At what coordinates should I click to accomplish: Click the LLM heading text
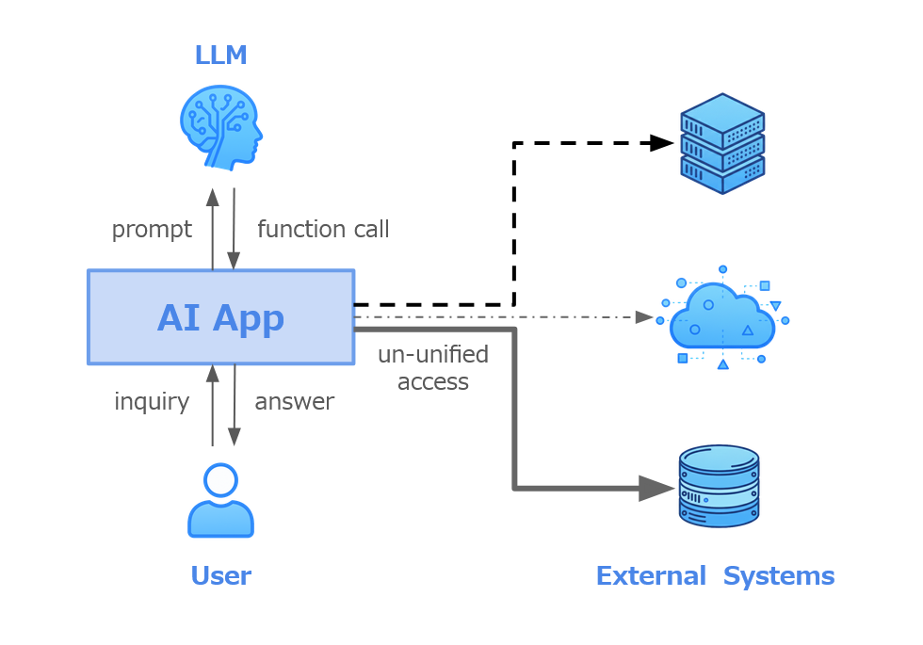(x=220, y=56)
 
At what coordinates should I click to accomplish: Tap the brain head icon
(x=221, y=127)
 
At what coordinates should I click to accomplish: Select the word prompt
(x=152, y=230)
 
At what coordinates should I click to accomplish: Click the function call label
(x=323, y=230)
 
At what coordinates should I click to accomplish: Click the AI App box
(x=221, y=317)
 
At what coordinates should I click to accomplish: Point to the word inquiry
(x=152, y=402)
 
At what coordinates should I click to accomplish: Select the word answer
(x=294, y=402)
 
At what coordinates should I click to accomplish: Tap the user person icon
(x=221, y=500)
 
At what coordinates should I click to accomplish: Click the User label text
(x=220, y=576)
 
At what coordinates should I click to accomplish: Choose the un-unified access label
(x=433, y=368)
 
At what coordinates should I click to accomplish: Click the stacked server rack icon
(x=722, y=143)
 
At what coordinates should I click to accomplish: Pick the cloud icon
(x=722, y=318)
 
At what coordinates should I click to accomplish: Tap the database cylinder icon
(x=720, y=486)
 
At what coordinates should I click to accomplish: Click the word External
(x=651, y=576)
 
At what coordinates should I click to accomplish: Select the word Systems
(x=779, y=576)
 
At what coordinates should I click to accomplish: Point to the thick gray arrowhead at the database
(x=656, y=488)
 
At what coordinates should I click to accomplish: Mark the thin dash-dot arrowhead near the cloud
(x=645, y=316)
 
